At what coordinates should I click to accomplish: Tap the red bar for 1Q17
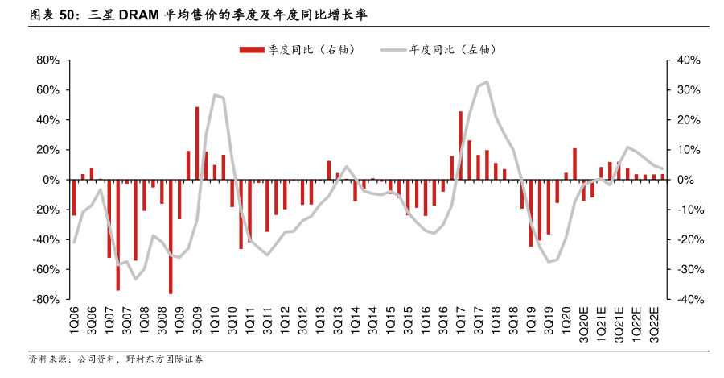460,146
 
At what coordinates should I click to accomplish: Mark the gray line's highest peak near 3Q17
487,82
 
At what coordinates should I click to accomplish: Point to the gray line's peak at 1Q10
215,95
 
